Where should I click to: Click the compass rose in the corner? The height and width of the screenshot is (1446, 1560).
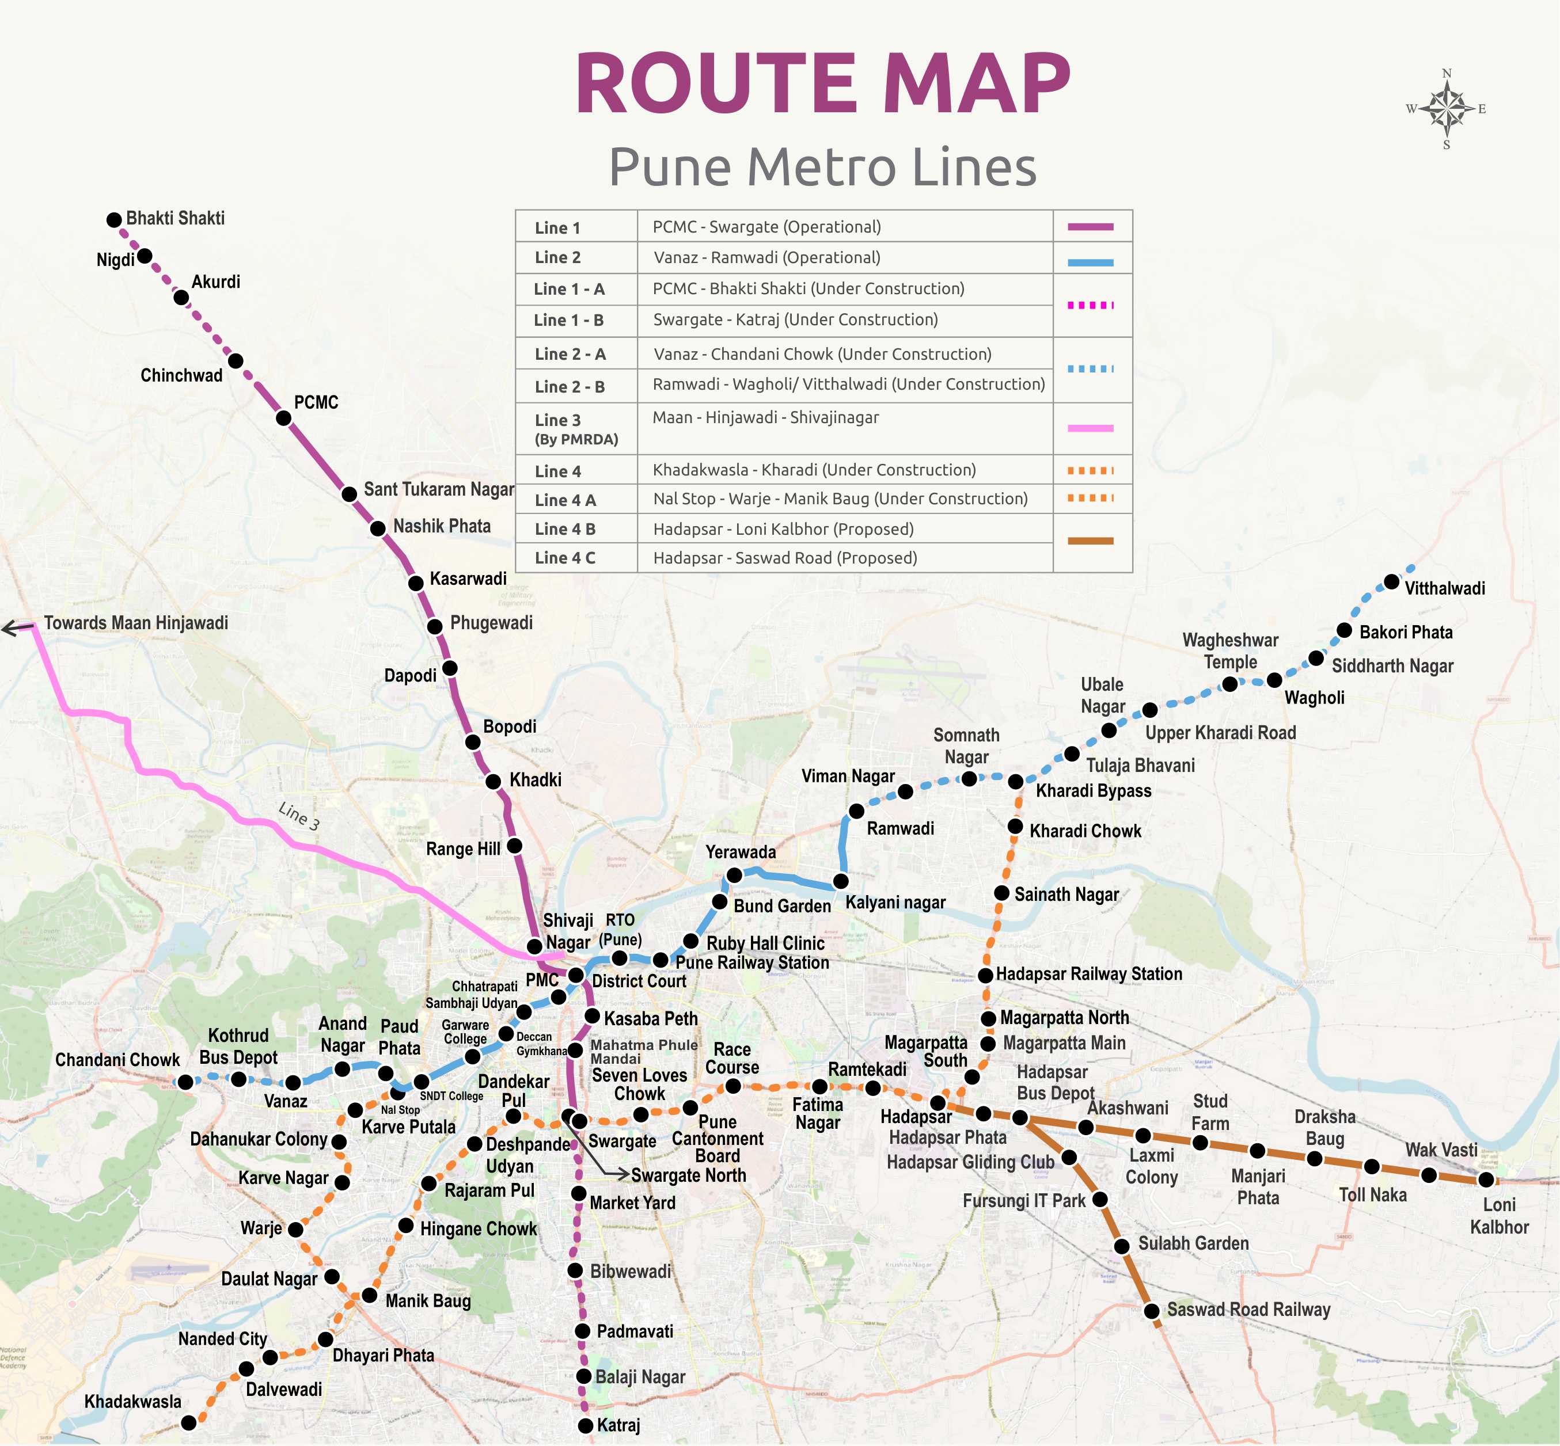1447,109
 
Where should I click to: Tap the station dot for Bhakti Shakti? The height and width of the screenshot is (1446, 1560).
114,220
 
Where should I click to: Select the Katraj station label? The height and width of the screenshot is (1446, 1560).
618,1425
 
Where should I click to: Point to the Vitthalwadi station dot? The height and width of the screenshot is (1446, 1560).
1391,581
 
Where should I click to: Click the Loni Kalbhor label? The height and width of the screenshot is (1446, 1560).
1499,1215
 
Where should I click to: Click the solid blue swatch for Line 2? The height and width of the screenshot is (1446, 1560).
1090,264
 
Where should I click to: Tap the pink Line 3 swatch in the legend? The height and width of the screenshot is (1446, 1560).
1090,428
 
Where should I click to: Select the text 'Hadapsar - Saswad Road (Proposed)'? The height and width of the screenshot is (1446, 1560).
784,558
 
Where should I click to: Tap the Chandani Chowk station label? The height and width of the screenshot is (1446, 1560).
117,1060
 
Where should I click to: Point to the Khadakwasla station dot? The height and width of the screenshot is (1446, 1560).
189,1422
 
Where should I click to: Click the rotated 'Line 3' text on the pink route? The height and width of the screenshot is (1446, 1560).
299,816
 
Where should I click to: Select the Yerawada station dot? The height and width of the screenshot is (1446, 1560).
734,875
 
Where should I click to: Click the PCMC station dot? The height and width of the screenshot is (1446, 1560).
283,418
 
